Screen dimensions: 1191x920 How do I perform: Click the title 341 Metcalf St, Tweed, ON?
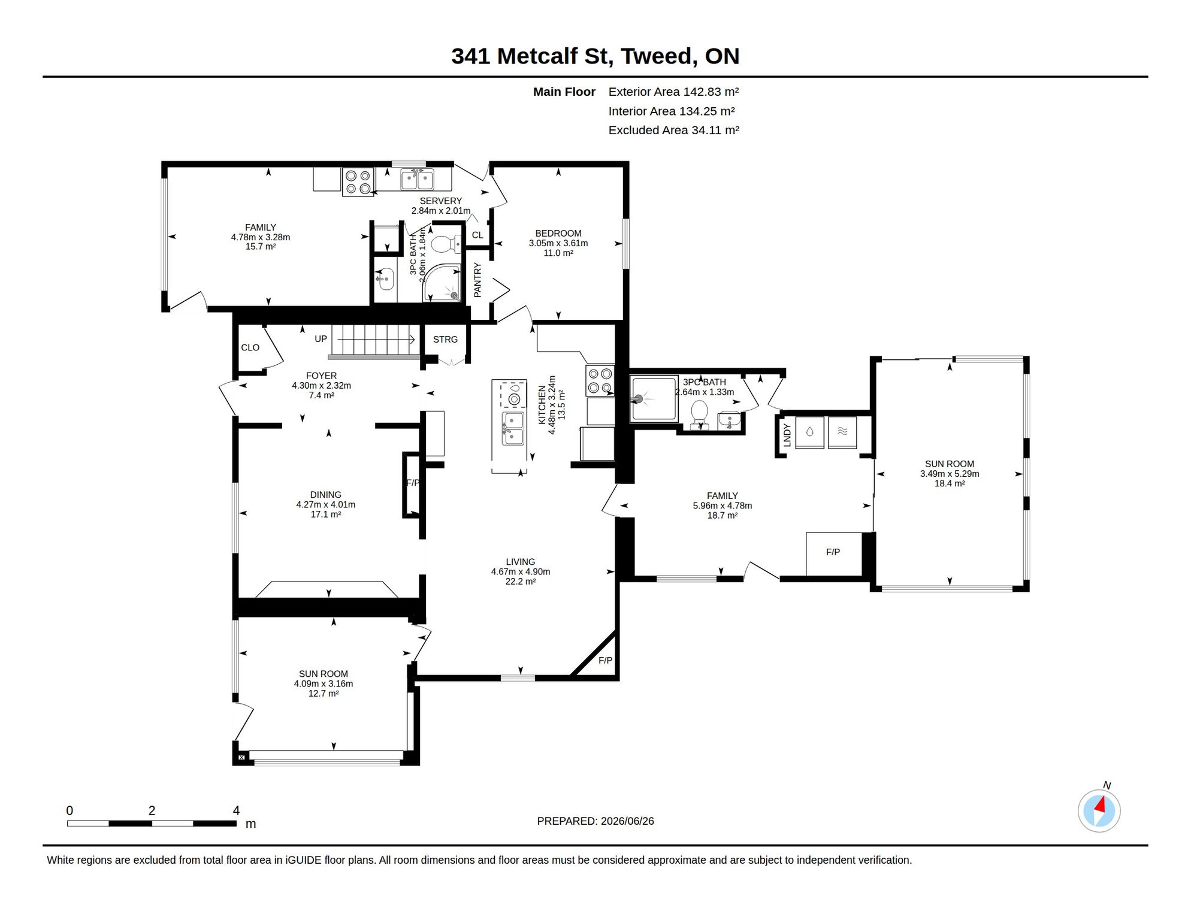pyautogui.click(x=595, y=56)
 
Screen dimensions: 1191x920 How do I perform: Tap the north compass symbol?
pyautogui.click(x=1099, y=810)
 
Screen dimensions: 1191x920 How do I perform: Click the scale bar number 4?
pyautogui.click(x=237, y=810)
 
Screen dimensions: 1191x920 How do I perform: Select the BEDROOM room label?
pyautogui.click(x=558, y=233)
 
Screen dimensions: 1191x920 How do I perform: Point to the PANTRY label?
pyautogui.click(x=477, y=280)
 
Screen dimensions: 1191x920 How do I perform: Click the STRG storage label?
pyautogui.click(x=445, y=340)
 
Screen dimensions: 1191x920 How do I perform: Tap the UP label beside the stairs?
pyautogui.click(x=321, y=339)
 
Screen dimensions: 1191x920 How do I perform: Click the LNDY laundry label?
pyautogui.click(x=787, y=435)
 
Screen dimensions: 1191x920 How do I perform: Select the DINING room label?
pyautogui.click(x=325, y=495)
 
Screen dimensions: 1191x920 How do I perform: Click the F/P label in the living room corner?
pyautogui.click(x=605, y=660)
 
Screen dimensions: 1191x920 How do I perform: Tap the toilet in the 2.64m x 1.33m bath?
pyautogui.click(x=699, y=414)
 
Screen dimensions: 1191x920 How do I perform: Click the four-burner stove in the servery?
pyautogui.click(x=358, y=182)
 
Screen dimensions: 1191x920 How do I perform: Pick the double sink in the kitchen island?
pyautogui.click(x=513, y=428)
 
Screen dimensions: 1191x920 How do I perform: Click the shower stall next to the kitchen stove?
pyautogui.click(x=654, y=398)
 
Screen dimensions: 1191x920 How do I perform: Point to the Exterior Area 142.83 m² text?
pyautogui.click(x=673, y=92)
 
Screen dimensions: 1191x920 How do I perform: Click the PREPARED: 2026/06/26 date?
pyautogui.click(x=595, y=821)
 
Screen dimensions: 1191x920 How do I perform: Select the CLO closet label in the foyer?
pyautogui.click(x=250, y=347)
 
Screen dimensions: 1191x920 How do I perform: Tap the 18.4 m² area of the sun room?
pyautogui.click(x=950, y=483)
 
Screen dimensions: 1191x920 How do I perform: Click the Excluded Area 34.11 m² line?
pyautogui.click(x=673, y=130)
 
